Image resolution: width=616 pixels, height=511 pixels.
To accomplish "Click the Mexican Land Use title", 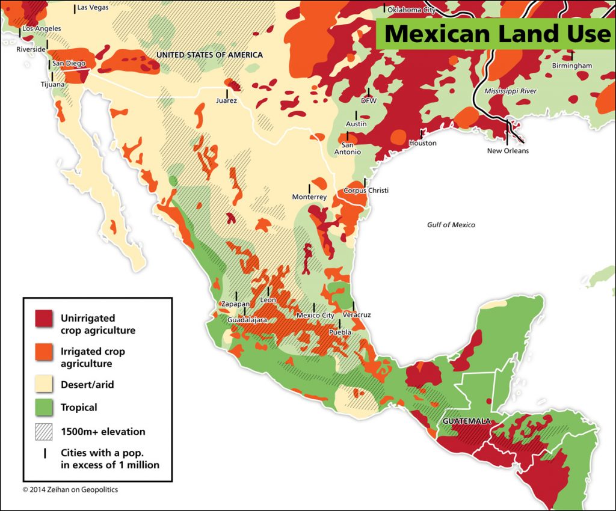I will (x=496, y=34).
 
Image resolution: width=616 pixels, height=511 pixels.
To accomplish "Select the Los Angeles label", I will (x=41, y=28).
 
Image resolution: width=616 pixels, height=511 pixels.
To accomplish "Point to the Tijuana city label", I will (x=52, y=85).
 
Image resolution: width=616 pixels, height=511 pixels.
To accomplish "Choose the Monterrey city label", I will (x=309, y=197).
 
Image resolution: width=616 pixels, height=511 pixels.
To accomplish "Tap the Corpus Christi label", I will (x=366, y=191).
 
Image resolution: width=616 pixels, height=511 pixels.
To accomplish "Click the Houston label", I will (x=422, y=143).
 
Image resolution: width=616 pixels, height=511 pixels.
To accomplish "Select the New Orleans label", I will (x=508, y=150).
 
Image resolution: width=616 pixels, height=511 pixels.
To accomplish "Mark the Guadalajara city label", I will (x=247, y=320).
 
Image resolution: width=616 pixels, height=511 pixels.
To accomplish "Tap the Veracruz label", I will (x=356, y=315).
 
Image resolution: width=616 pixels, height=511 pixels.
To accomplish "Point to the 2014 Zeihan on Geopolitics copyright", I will (x=70, y=490).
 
